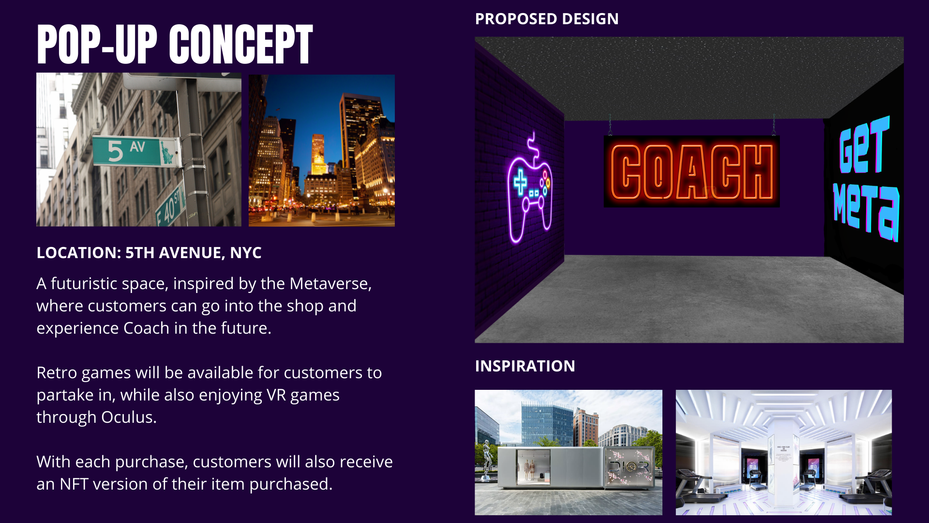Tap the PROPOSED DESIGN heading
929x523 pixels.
pos(547,19)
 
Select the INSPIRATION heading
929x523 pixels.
pos(525,366)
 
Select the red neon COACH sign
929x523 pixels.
pos(691,172)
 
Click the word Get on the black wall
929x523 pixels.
pos(864,145)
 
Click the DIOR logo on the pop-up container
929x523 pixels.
pos(629,466)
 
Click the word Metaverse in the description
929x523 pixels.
pos(330,283)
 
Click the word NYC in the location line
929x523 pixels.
pos(246,253)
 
